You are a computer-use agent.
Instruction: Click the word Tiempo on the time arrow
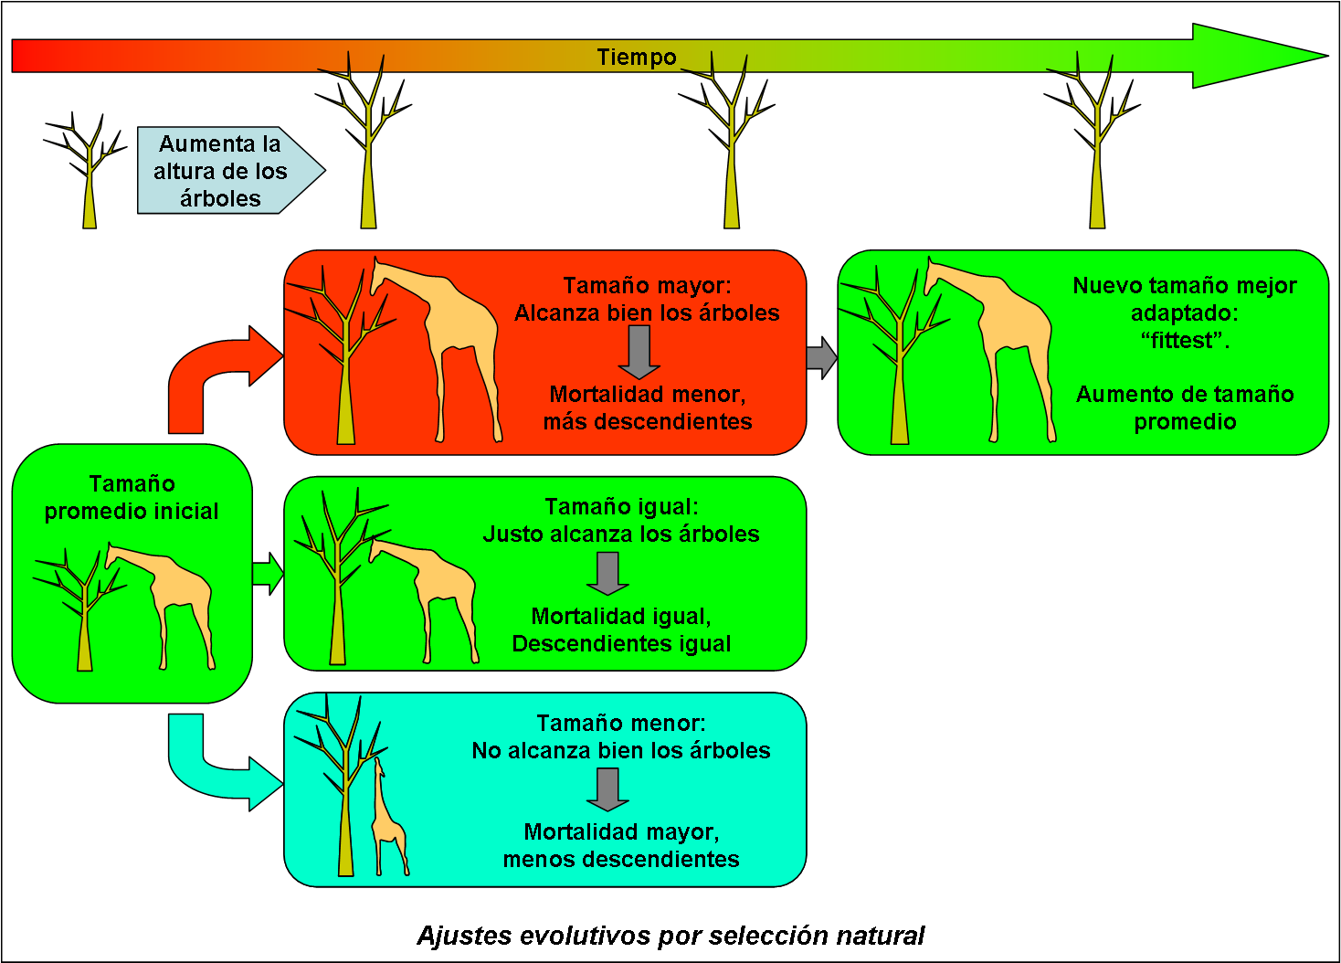(x=637, y=57)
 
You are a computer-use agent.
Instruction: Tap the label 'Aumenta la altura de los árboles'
(x=220, y=171)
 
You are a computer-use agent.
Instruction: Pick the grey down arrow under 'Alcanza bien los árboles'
(x=639, y=352)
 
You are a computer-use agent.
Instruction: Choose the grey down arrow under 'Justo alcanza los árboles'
(x=607, y=573)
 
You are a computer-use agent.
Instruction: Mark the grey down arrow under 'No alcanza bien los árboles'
(x=607, y=788)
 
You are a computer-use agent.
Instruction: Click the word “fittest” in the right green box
(x=1185, y=341)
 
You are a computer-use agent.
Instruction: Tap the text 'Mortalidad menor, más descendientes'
(x=647, y=407)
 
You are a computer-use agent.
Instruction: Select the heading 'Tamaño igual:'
(x=621, y=506)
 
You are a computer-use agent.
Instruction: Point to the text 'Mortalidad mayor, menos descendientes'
(x=621, y=845)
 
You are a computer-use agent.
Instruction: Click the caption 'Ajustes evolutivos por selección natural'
(x=670, y=936)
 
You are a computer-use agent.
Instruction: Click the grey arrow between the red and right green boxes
(x=822, y=357)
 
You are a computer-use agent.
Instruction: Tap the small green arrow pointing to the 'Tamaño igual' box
(x=268, y=574)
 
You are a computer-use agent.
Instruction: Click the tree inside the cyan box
(x=343, y=786)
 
